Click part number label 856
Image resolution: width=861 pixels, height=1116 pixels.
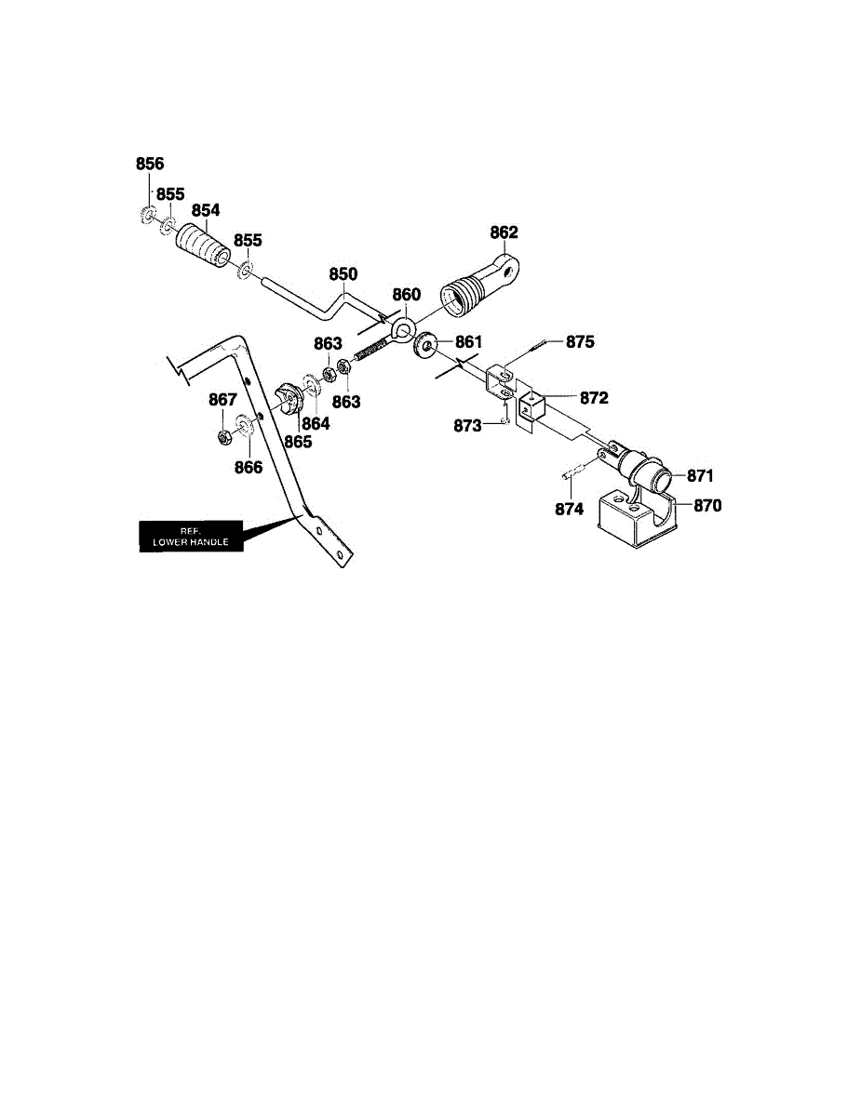150,164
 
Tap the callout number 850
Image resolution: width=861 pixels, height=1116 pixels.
343,274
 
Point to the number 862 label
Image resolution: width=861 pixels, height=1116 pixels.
504,232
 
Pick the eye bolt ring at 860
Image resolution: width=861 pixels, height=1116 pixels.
404,328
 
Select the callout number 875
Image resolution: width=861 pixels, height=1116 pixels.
580,341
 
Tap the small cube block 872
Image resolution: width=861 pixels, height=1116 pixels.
531,405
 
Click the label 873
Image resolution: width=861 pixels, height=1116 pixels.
467,426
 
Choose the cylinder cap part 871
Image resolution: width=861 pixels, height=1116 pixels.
644,465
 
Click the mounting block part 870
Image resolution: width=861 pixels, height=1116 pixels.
638,519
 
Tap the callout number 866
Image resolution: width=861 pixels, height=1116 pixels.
249,468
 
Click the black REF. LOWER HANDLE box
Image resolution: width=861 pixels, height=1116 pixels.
191,537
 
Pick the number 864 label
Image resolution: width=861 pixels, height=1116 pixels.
316,424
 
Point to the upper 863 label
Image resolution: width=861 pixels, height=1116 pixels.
328,343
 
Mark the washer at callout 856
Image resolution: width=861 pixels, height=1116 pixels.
147,215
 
